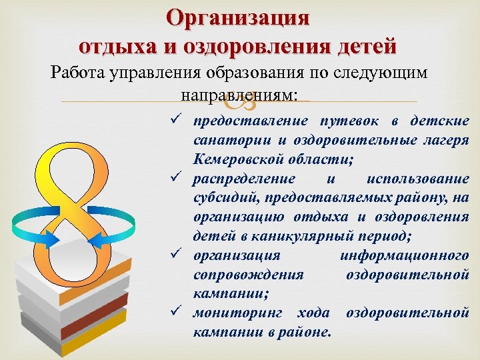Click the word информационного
(403, 255)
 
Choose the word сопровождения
(248, 275)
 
